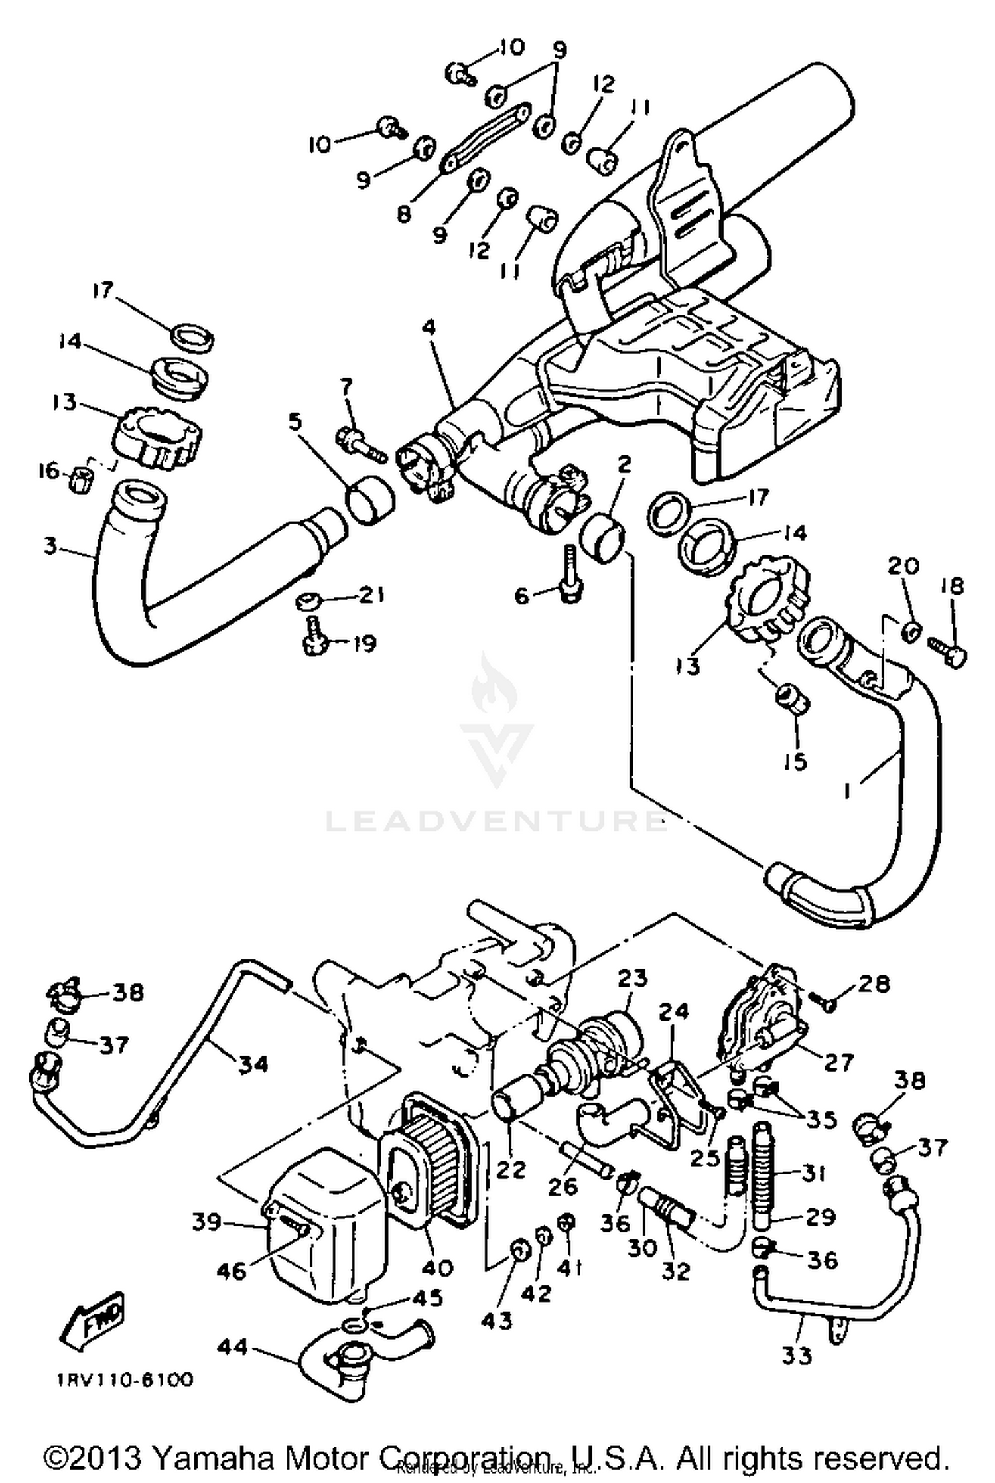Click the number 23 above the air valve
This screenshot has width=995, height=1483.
[x=633, y=979]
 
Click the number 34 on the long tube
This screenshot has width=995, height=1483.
[x=253, y=1064]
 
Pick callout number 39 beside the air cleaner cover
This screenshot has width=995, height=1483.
[x=206, y=1222]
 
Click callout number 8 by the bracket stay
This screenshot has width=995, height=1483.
[x=404, y=214]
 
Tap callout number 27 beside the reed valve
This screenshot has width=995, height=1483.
[x=838, y=1062]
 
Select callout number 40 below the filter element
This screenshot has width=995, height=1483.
[x=437, y=1268]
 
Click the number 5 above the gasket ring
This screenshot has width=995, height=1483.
[x=295, y=420]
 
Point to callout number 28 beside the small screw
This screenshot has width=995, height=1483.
[x=874, y=984]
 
